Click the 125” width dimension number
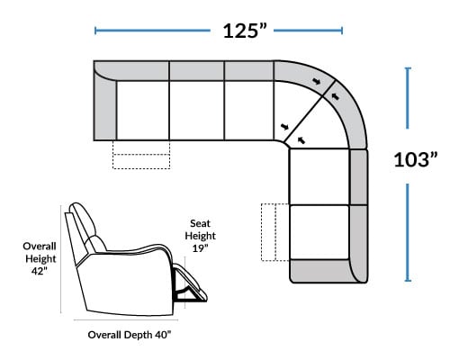[x=245, y=31]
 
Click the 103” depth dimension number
[x=416, y=159]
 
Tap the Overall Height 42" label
[x=40, y=258]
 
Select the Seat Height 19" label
[x=200, y=236]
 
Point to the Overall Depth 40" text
[x=130, y=335]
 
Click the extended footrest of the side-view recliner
[x=191, y=283]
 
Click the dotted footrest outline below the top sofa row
[x=141, y=155]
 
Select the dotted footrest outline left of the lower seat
[x=275, y=232]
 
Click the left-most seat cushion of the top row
[x=143, y=110]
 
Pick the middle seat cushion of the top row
[x=197, y=110]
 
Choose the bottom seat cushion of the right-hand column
[x=319, y=231]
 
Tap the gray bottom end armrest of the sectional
[x=324, y=271]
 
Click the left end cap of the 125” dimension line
[x=95, y=31]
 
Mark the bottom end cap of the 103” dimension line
[x=408, y=281]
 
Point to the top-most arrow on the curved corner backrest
[x=316, y=81]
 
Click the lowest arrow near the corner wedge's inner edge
[x=301, y=139]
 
